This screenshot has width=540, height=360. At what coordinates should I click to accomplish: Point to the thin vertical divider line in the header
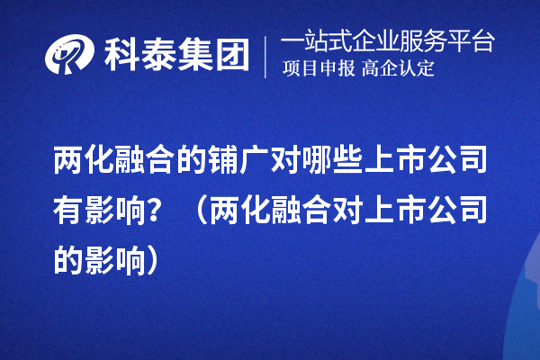265,56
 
